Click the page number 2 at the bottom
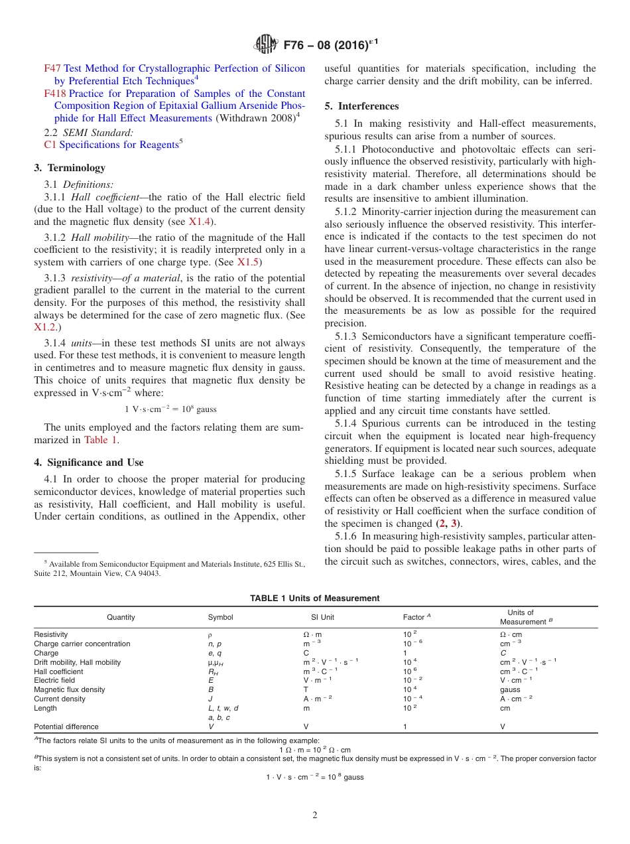coord(315,815)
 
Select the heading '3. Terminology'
coord(70,168)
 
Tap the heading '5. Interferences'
coord(361,106)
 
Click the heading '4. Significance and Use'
coord(88,462)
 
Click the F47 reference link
coord(52,68)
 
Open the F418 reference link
coord(55,94)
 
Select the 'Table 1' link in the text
coord(101,440)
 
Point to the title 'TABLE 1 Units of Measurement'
coord(314,598)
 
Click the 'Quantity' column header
coord(121,617)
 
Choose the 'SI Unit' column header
coord(323,617)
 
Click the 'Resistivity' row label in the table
coord(50,635)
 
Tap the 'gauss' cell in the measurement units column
coord(510,690)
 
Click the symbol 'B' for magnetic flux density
coord(211,690)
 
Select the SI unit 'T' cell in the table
coord(306,690)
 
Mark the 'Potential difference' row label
coord(66,727)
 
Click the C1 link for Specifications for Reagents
coord(50,145)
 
